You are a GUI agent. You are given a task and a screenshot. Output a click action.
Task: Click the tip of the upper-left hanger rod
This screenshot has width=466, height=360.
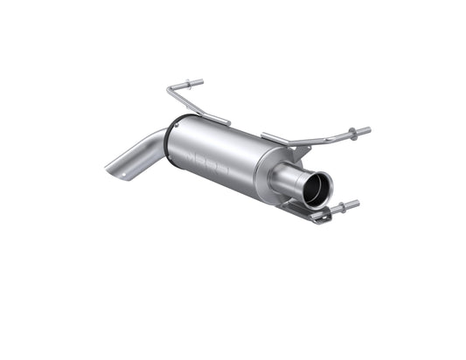(201, 83)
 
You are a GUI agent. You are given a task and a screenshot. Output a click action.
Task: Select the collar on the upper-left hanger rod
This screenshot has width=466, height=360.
(186, 85)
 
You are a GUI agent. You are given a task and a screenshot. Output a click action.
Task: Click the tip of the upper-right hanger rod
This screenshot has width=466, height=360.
(368, 131)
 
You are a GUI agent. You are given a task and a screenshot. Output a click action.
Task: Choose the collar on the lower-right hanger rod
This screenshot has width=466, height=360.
(342, 209)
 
